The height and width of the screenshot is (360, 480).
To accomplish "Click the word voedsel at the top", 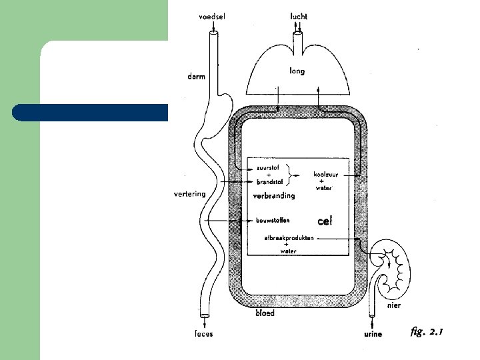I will (212, 17).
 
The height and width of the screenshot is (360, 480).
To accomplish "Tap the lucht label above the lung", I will (299, 16).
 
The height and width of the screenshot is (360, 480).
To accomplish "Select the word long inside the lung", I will (297, 71).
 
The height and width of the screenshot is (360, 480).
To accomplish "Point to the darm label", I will (196, 77).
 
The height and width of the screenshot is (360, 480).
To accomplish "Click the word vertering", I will (189, 194).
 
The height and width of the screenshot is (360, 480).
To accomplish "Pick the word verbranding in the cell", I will (273, 196).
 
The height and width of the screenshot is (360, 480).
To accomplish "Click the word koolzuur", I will (326, 174).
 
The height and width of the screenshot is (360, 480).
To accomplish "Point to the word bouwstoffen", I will (273, 220).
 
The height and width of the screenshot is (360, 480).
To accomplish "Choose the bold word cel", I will (324, 220).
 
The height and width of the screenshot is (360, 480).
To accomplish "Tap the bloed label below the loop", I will (265, 313).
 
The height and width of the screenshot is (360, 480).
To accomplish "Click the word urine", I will (373, 334).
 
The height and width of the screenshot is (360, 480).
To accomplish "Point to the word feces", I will (204, 334).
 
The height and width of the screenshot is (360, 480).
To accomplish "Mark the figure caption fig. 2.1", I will (427, 331).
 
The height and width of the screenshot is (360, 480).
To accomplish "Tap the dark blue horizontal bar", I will (90, 113).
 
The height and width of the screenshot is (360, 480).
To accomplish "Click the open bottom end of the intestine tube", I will (205, 315).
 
